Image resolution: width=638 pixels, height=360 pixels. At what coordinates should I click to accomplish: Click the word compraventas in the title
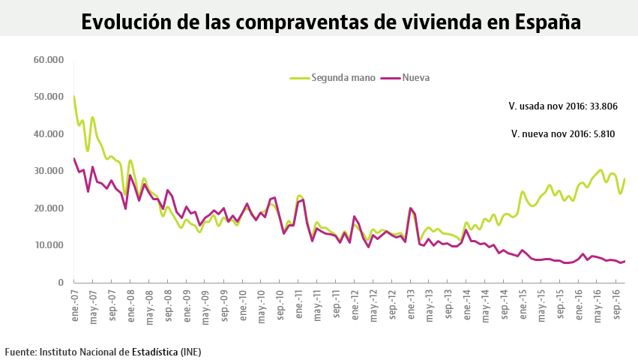point(296,21)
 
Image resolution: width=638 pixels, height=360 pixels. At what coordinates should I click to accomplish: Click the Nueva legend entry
point(415,77)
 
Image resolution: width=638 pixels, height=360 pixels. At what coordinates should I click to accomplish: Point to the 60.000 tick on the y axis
point(49,59)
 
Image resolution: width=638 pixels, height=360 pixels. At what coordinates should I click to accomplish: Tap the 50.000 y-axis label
point(49,97)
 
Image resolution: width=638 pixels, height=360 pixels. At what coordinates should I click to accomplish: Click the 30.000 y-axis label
point(49,171)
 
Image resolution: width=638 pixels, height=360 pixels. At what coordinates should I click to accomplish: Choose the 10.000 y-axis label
point(49,245)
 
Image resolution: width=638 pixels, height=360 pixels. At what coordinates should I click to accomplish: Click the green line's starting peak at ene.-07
point(74,97)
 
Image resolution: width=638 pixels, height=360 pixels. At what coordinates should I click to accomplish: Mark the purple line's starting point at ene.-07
point(74,158)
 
